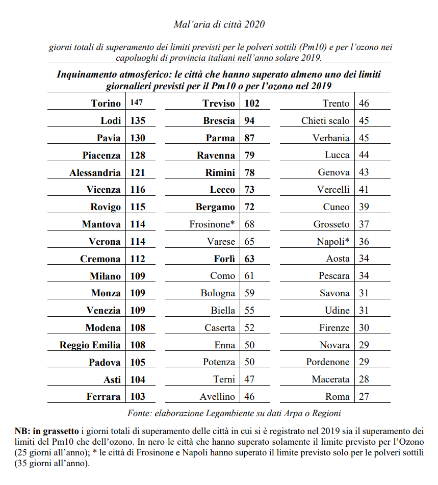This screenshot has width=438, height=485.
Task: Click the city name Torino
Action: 106,103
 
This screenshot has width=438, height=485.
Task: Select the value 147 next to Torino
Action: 136,103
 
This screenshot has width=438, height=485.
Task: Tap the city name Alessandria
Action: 95,172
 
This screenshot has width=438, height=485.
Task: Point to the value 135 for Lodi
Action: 138,120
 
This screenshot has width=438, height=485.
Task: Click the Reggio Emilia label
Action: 90,345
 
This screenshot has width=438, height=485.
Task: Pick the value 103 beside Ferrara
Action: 138,396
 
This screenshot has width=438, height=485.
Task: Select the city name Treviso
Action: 219,103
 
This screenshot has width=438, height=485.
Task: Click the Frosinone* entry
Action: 212,224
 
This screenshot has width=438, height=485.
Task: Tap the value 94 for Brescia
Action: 249,120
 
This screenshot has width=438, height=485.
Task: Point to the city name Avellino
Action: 218,396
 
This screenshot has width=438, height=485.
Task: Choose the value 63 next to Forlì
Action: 249,259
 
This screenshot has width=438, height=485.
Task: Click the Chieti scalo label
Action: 325,120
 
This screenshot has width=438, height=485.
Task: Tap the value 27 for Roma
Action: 364,396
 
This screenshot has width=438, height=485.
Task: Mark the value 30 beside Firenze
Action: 364,327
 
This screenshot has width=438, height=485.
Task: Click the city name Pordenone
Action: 328,362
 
